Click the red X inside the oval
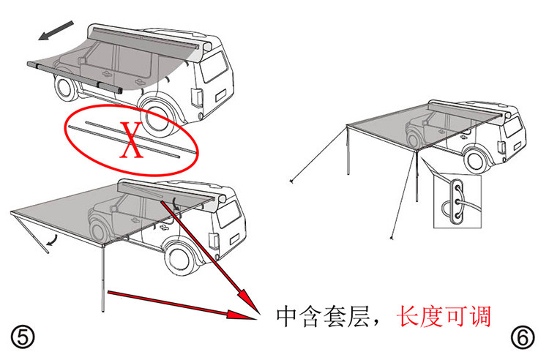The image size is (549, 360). pos(132,141)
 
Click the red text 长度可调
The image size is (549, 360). pos(443,316)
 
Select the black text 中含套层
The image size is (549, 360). pos(325,316)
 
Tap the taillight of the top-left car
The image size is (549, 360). pos(196,97)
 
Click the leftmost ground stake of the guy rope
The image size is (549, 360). pos(291,180)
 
